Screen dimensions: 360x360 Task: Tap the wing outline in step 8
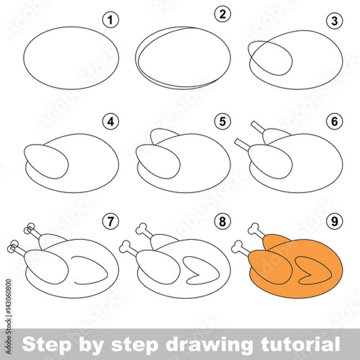coord(201,268)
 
